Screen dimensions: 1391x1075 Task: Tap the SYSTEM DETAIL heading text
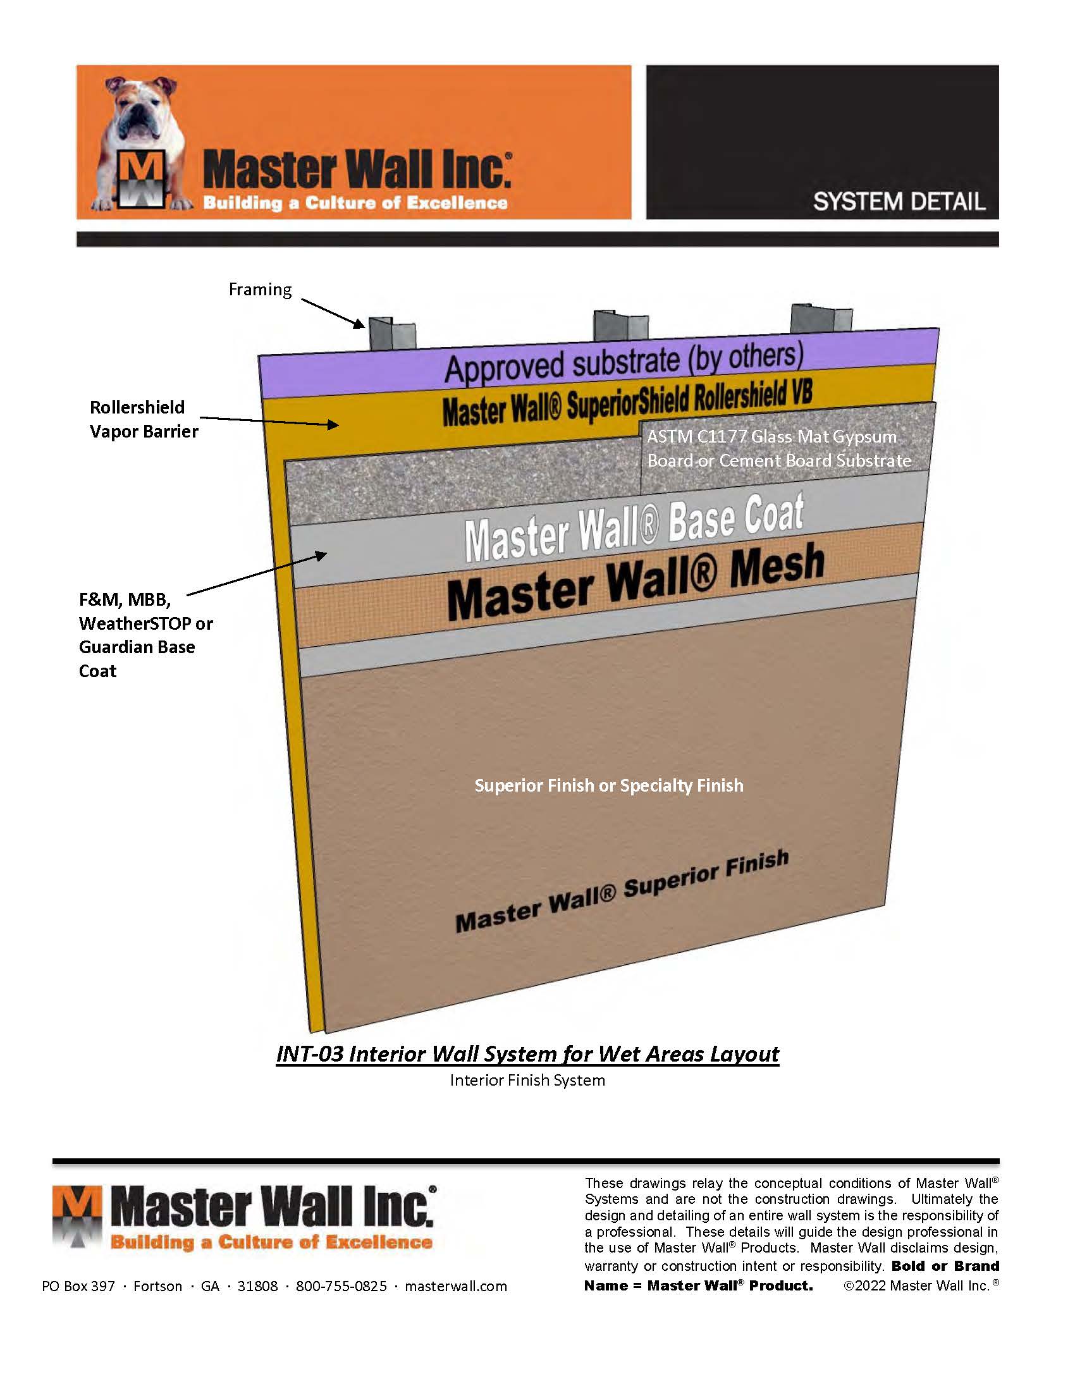(x=899, y=202)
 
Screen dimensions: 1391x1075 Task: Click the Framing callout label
(x=260, y=290)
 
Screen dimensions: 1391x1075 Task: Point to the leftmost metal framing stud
(x=391, y=334)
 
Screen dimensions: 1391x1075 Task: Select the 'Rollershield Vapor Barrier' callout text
(x=144, y=419)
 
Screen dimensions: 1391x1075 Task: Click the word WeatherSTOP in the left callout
(x=135, y=623)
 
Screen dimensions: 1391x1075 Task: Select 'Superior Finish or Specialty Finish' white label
(x=609, y=785)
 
